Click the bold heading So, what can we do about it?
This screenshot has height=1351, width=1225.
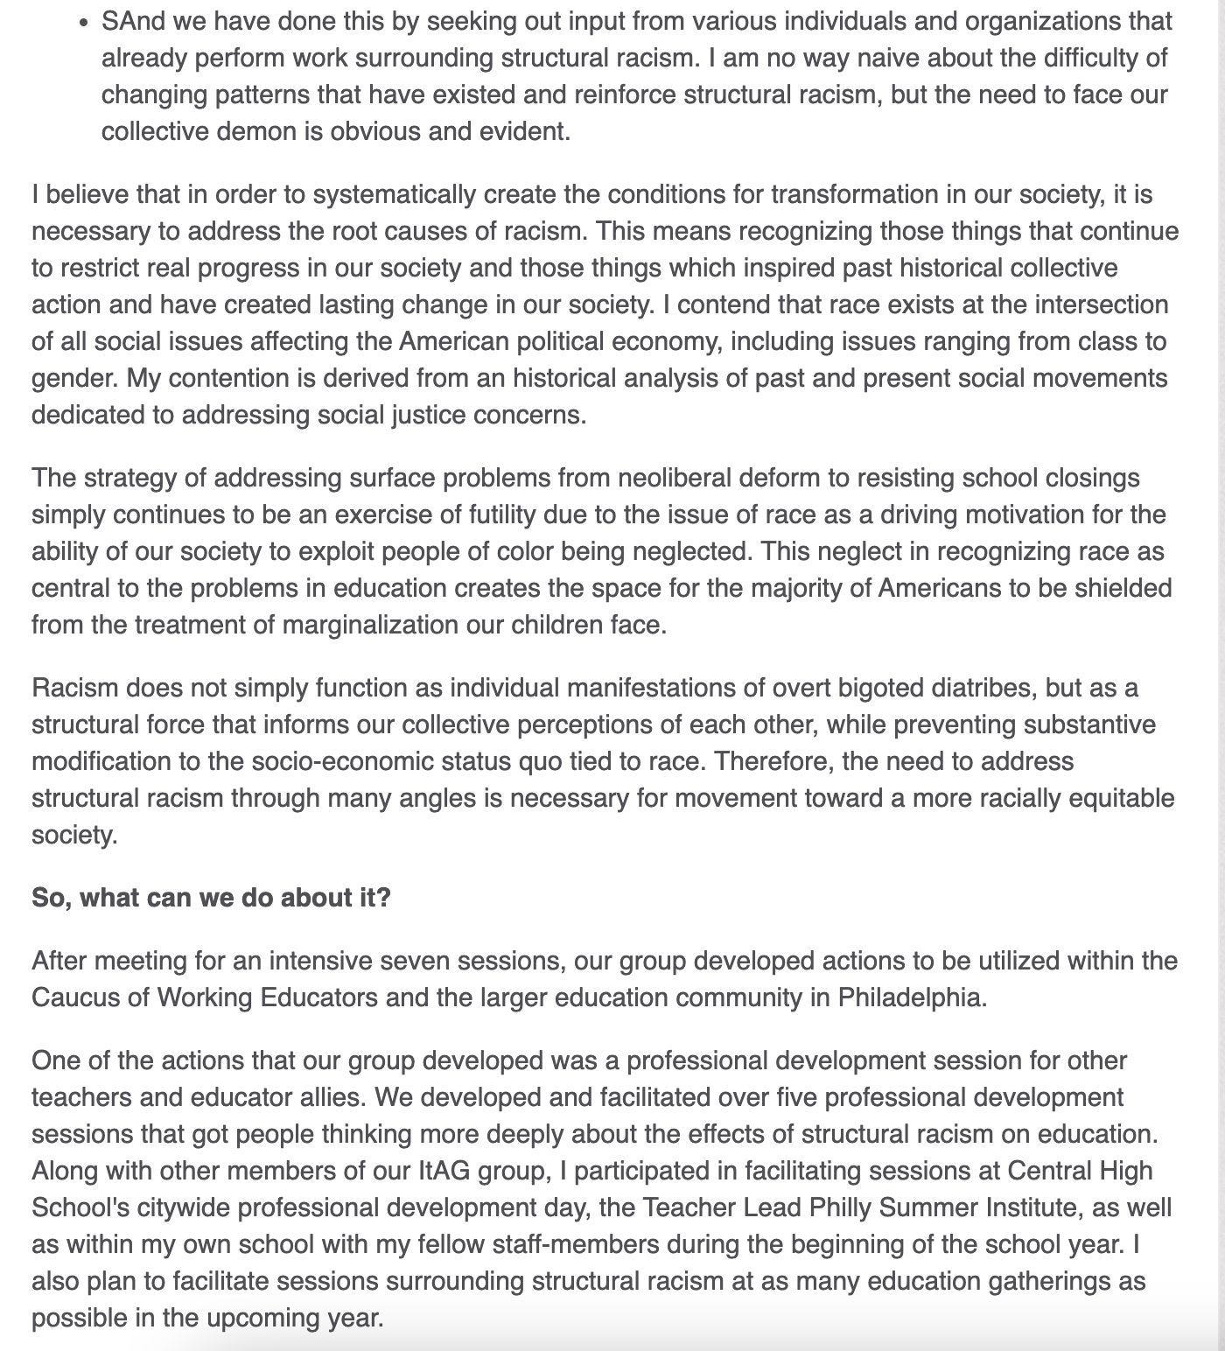[x=211, y=898]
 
